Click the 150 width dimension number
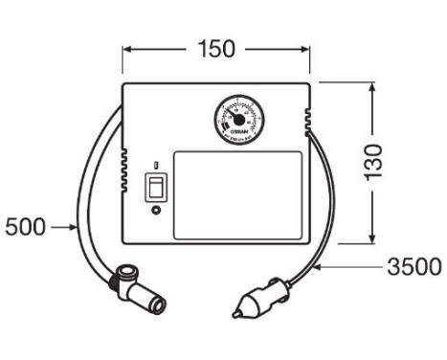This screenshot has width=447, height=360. [x=215, y=48]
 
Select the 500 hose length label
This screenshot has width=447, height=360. [x=24, y=228]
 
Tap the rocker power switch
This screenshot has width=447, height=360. [x=153, y=188]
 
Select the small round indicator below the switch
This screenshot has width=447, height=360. [x=153, y=212]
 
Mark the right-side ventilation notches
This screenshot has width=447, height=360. [x=308, y=119]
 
